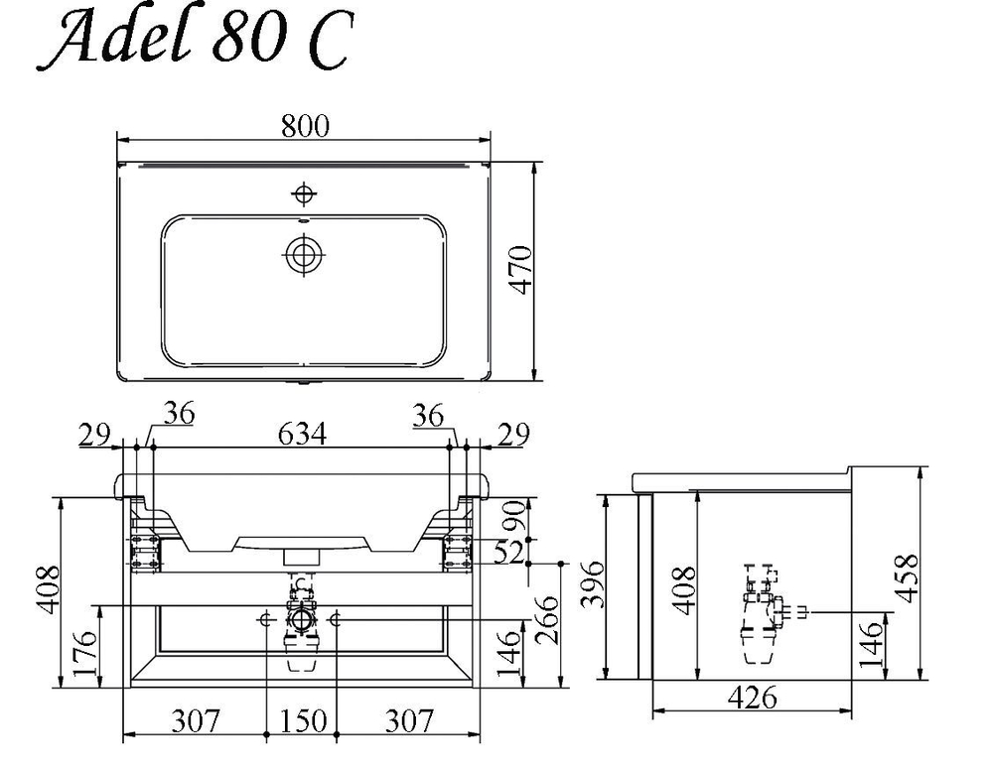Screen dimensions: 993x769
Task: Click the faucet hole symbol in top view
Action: pos(305,193)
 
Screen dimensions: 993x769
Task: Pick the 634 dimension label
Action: pos(302,435)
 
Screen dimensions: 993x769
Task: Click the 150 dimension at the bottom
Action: pos(303,721)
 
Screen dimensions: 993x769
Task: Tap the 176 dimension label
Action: pos(85,653)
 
